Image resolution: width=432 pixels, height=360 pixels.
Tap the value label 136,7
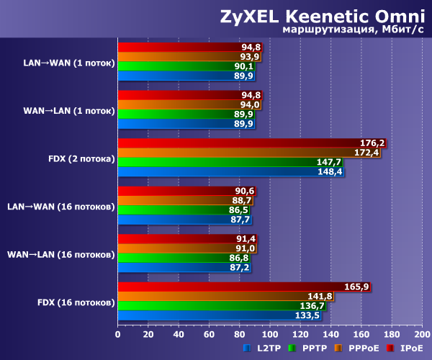point(310,305)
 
